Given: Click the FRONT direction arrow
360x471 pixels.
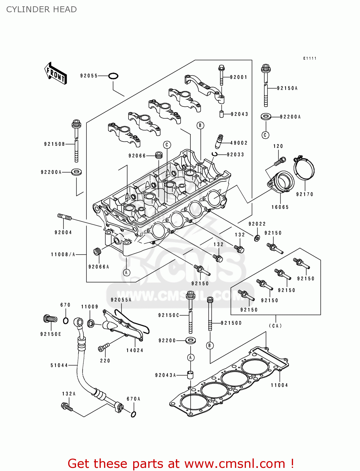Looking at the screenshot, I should tap(56, 73).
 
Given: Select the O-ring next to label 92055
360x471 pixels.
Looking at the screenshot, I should tap(113, 76).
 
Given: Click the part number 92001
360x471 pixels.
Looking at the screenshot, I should tap(238, 77).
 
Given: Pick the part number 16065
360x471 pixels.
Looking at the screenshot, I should tap(280, 207).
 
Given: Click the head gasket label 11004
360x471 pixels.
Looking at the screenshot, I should tap(279, 385).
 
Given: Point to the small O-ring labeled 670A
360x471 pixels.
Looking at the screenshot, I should tap(133, 414).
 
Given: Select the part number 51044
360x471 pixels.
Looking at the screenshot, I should tap(59, 365).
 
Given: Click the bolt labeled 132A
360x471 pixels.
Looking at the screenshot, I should tap(67, 407).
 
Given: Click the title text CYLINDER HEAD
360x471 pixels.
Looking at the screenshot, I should tap(41, 9).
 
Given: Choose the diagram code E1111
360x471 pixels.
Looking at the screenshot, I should tap(310, 58).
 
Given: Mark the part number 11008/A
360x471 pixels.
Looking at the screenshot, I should tap(63, 254).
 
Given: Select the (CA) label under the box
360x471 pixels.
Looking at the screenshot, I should tap(275, 326).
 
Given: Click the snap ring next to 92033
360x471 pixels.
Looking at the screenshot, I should tap(215, 154).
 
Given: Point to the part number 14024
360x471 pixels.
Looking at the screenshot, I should tap(135, 350).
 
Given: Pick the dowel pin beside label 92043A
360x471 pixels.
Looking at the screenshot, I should tap(190, 375).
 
